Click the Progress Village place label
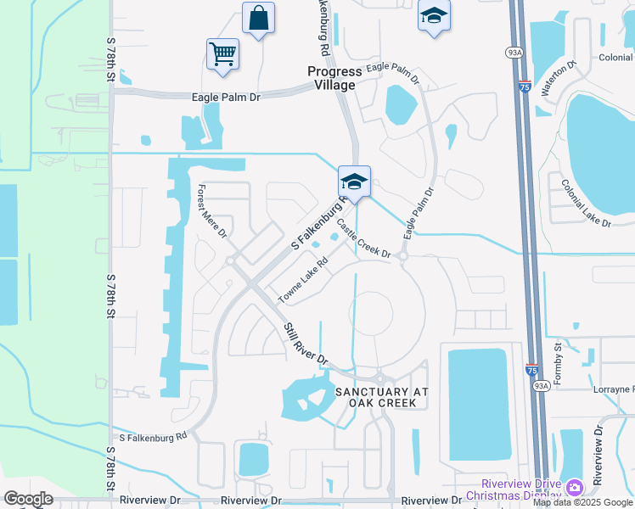pos(334,78)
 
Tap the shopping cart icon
pos(222,54)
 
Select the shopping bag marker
pos(258,18)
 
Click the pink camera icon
pos(575,487)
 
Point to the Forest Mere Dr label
pos(212,210)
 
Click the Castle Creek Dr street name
pos(363,240)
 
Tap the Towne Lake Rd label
pos(303,282)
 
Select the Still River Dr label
pos(306,344)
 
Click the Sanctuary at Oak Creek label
pos(376,397)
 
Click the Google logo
pos(28,499)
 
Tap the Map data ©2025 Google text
pos(582,502)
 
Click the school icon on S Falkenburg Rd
pos(354,181)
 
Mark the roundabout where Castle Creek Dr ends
pos(403,255)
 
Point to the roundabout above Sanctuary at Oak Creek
pos(381,378)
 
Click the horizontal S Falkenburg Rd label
pos(153,437)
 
